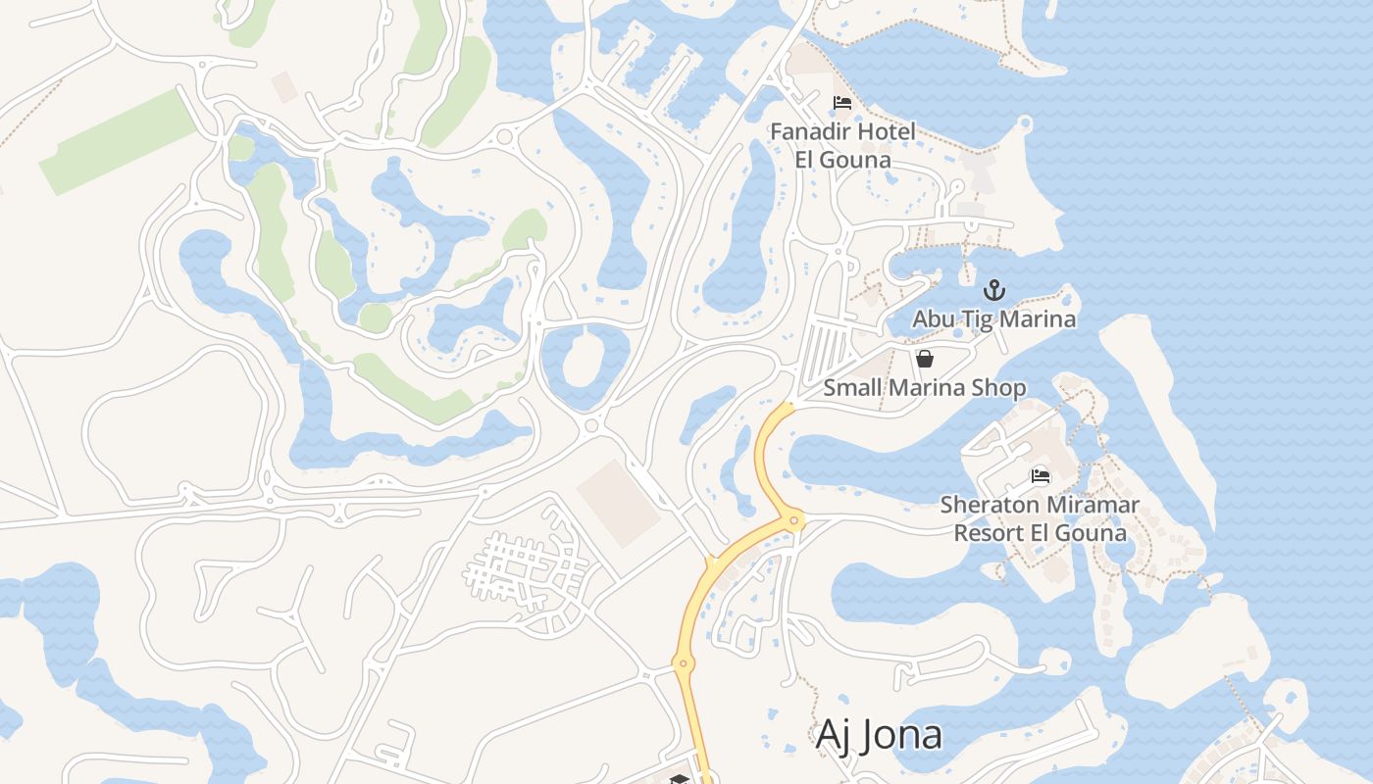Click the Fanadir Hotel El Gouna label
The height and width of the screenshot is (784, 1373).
842,145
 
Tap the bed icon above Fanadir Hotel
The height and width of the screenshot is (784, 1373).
841,103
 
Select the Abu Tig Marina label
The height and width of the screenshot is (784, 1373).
993,319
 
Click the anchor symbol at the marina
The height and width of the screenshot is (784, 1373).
994,290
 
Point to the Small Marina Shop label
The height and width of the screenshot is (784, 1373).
924,388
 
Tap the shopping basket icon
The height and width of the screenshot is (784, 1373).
924,359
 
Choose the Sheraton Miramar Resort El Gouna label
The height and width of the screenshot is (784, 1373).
1040,519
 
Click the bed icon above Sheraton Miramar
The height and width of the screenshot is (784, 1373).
1040,476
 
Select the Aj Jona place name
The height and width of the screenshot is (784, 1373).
879,735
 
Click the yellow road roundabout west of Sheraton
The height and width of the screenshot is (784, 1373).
793,519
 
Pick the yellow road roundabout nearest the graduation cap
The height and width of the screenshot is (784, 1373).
684,664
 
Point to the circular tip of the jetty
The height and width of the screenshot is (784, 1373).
1025,123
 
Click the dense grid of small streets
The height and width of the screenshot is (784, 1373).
525,568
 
